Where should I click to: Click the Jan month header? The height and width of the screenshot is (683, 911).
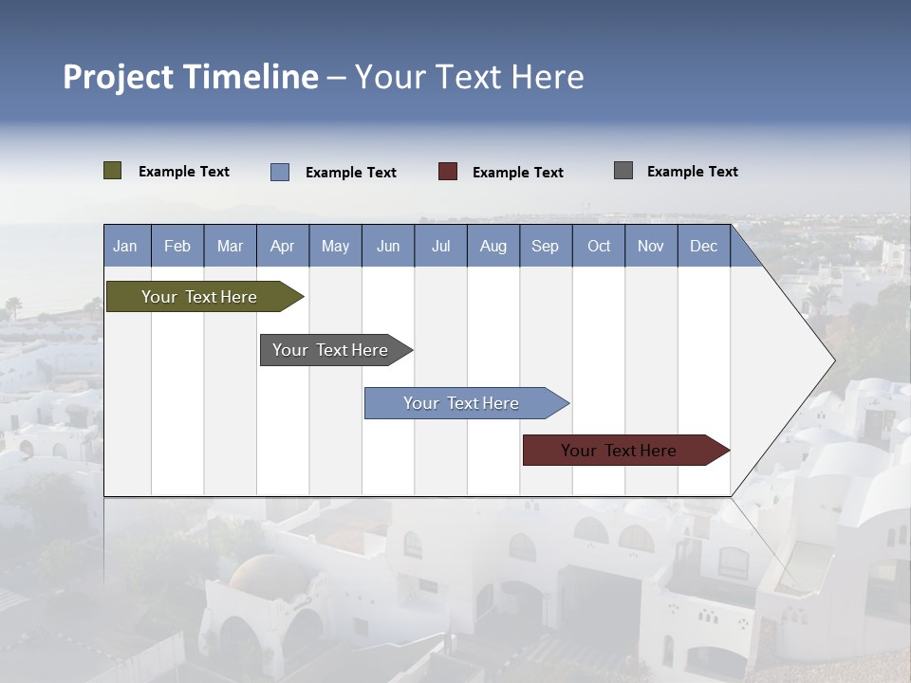point(125,246)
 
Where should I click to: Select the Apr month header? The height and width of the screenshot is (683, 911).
point(282,246)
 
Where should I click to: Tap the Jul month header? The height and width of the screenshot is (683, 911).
point(440,246)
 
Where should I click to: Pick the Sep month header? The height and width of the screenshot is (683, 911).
point(545,246)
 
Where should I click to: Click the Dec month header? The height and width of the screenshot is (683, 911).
point(703,246)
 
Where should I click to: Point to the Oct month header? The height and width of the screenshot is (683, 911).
point(599,246)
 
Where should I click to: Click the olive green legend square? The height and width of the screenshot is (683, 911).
point(112,171)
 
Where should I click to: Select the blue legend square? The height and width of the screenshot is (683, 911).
point(280,172)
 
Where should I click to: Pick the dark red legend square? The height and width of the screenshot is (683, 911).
point(448,172)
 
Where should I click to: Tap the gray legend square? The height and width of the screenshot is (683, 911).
point(623,171)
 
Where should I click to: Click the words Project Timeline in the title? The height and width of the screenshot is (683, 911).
point(190,77)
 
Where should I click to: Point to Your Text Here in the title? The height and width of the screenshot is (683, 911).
point(469,77)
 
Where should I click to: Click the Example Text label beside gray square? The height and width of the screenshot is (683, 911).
point(692,171)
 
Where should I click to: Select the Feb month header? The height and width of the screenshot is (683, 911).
point(177,246)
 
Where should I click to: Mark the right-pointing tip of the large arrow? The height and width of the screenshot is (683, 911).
point(832,360)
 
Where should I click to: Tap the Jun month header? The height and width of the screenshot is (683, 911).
point(388,246)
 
